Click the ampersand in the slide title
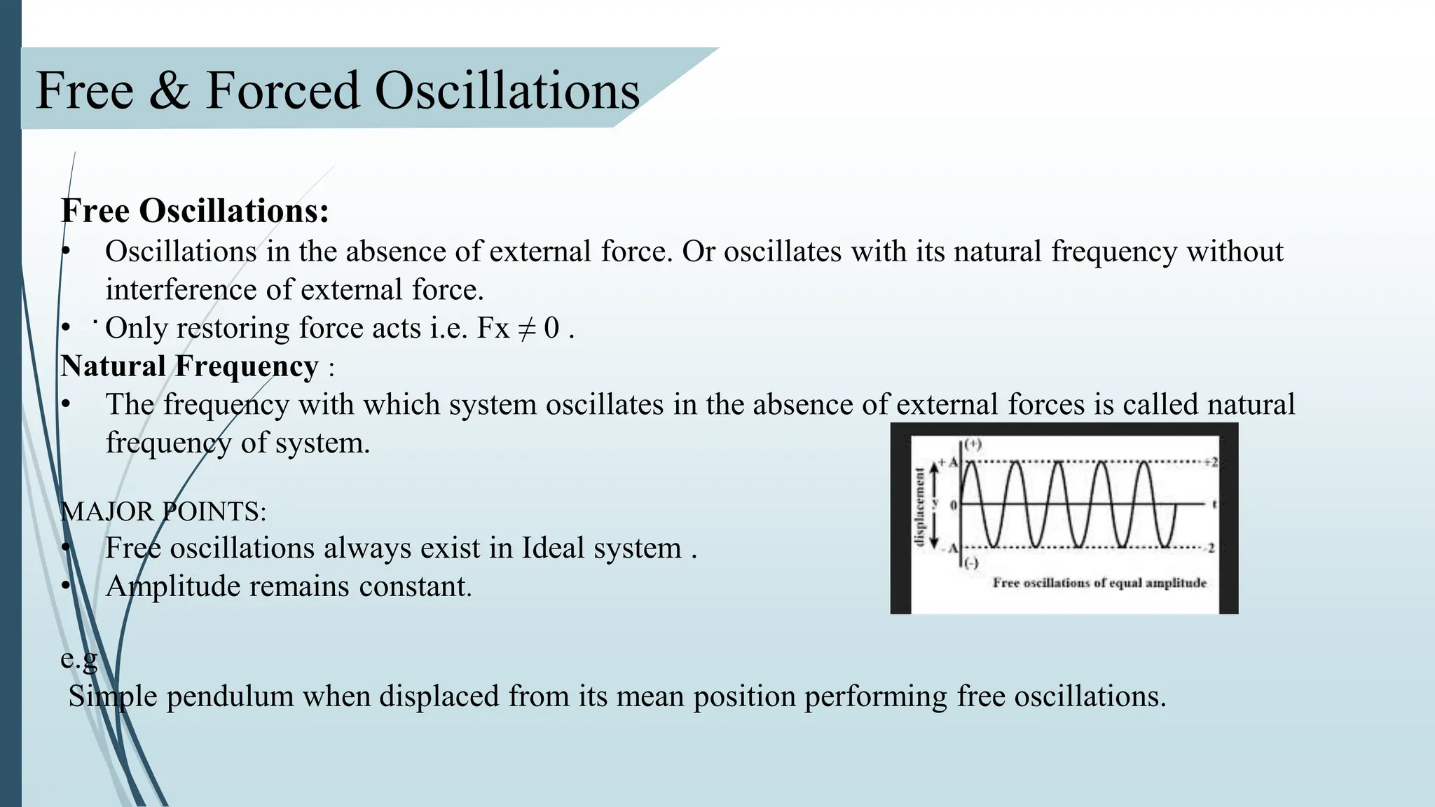click(169, 91)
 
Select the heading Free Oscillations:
click(195, 211)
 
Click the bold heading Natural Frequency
click(189, 366)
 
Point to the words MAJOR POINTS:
click(163, 511)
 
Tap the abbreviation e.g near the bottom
click(78, 658)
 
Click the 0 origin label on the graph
click(953, 505)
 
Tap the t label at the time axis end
click(1214, 504)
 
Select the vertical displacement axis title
click(919, 506)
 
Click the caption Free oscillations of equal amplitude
click(1099, 583)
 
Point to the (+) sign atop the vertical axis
click(973, 444)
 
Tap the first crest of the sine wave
click(970, 463)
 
